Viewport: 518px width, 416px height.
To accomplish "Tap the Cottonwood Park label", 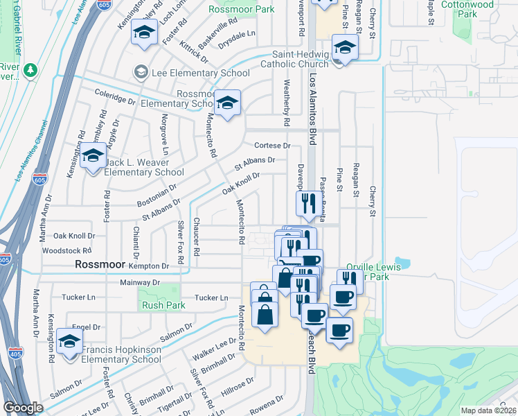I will pos(479,9).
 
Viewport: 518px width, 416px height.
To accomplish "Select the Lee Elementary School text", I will pos(200,73).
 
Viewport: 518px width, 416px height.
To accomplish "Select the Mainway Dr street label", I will pos(139,283).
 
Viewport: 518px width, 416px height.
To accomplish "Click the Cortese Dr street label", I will pos(272,146).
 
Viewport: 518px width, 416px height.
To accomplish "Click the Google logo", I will pos(23,408).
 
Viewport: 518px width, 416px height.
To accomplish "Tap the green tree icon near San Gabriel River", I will pos(29,70).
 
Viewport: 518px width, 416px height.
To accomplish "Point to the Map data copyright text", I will pos(488,410).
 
